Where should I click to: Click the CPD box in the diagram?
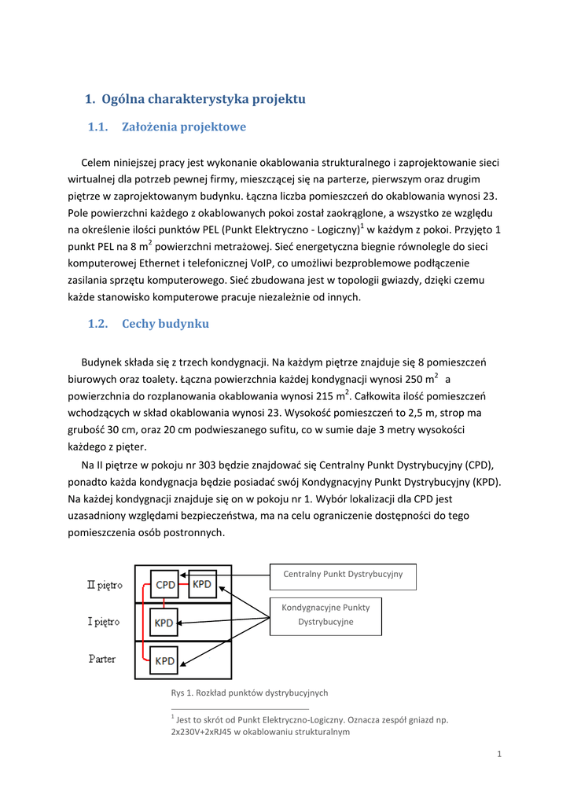tap(165, 584)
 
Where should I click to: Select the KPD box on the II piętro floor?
tap(202, 584)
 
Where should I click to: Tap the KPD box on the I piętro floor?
tap(164, 623)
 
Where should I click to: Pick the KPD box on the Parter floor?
tap(164, 660)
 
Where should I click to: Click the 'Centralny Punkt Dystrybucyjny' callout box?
tap(343, 576)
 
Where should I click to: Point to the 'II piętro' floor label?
tap(105, 585)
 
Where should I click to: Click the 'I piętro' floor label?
tap(104, 622)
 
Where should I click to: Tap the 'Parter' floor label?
tap(102, 659)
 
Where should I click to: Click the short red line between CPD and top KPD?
tap(184, 584)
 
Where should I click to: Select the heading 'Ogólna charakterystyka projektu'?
tap(204, 99)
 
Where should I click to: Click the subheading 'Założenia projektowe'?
tap(184, 127)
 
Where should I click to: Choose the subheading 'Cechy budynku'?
tap(165, 324)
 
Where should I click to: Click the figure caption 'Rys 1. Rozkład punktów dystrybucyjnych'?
tap(249, 693)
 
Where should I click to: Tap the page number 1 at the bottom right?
tap(499, 755)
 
